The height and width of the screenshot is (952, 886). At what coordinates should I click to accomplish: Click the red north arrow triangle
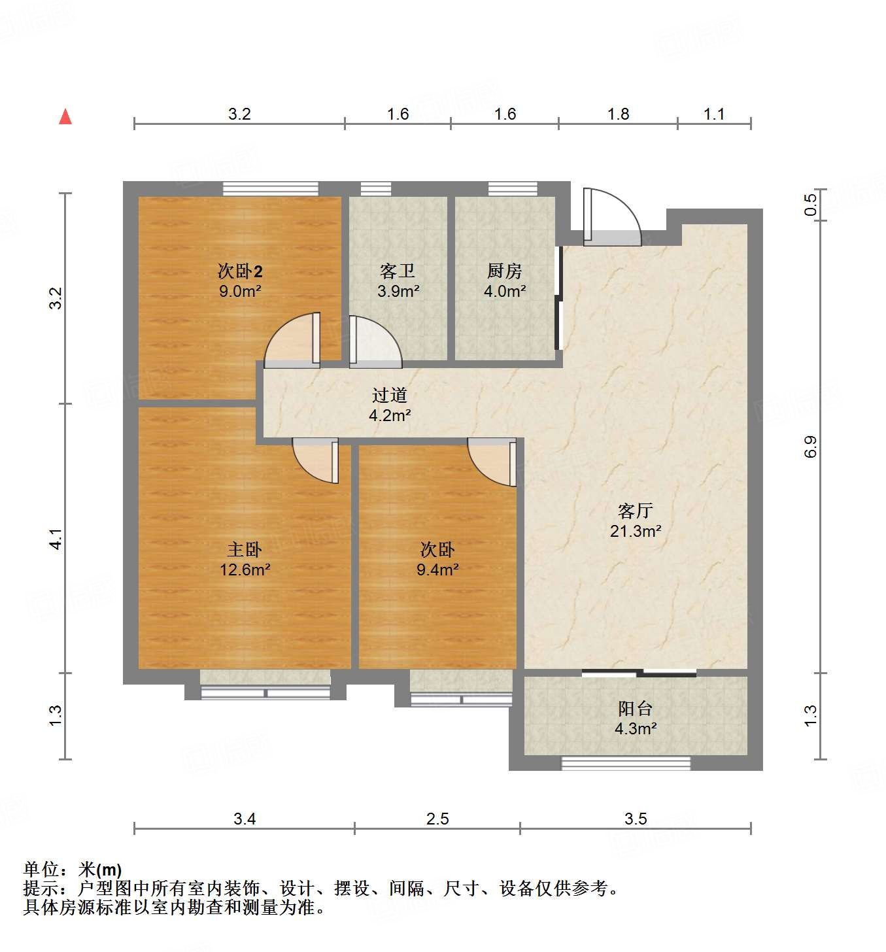[x=65, y=117]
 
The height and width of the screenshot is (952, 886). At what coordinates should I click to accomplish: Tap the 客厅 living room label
[x=635, y=511]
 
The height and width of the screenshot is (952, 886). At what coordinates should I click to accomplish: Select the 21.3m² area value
[x=635, y=531]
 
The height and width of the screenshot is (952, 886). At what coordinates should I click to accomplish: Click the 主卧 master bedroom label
[x=245, y=549]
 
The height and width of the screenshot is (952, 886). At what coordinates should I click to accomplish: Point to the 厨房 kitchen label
[x=504, y=271]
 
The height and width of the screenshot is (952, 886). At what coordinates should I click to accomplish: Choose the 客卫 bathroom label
[x=398, y=271]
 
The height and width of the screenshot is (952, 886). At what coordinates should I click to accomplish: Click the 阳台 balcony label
[x=635, y=708]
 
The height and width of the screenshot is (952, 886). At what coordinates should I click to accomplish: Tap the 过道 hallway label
[x=390, y=395]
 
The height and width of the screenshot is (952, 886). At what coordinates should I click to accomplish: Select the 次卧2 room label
[x=240, y=271]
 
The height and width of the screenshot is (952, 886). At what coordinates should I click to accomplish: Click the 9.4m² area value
[x=437, y=569]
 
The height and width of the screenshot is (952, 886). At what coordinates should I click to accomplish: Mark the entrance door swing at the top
[x=611, y=216]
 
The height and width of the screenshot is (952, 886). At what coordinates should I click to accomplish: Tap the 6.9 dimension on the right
[x=811, y=447]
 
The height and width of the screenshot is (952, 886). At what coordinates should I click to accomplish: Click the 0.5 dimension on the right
[x=811, y=205]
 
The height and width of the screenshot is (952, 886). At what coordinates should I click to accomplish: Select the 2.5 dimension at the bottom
[x=437, y=819]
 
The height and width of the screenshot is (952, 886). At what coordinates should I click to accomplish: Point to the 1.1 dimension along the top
[x=714, y=114]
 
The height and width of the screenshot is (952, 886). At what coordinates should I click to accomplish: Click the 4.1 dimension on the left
[x=57, y=538]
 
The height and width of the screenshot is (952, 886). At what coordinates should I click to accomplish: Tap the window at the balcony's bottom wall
[x=626, y=763]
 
